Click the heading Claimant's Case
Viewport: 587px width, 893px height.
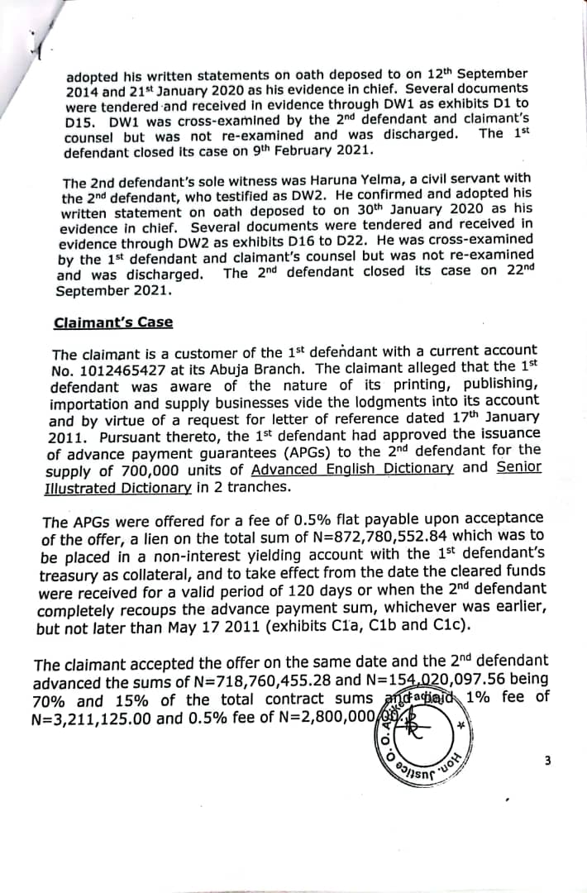113,323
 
